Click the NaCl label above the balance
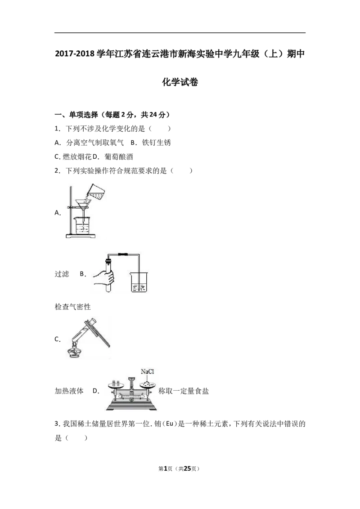(x=147, y=371)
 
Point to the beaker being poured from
(x=97, y=192)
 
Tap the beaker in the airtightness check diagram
(x=139, y=282)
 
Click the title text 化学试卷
(x=180, y=82)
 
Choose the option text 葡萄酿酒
(x=119, y=157)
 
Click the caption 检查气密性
(x=72, y=307)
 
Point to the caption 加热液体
(x=69, y=391)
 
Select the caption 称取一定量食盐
(x=184, y=391)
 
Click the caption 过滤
(x=62, y=274)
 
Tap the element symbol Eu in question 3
(x=169, y=424)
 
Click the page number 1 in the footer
(x=165, y=469)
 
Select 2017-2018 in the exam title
(x=75, y=54)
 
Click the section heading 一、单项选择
(x=76, y=115)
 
